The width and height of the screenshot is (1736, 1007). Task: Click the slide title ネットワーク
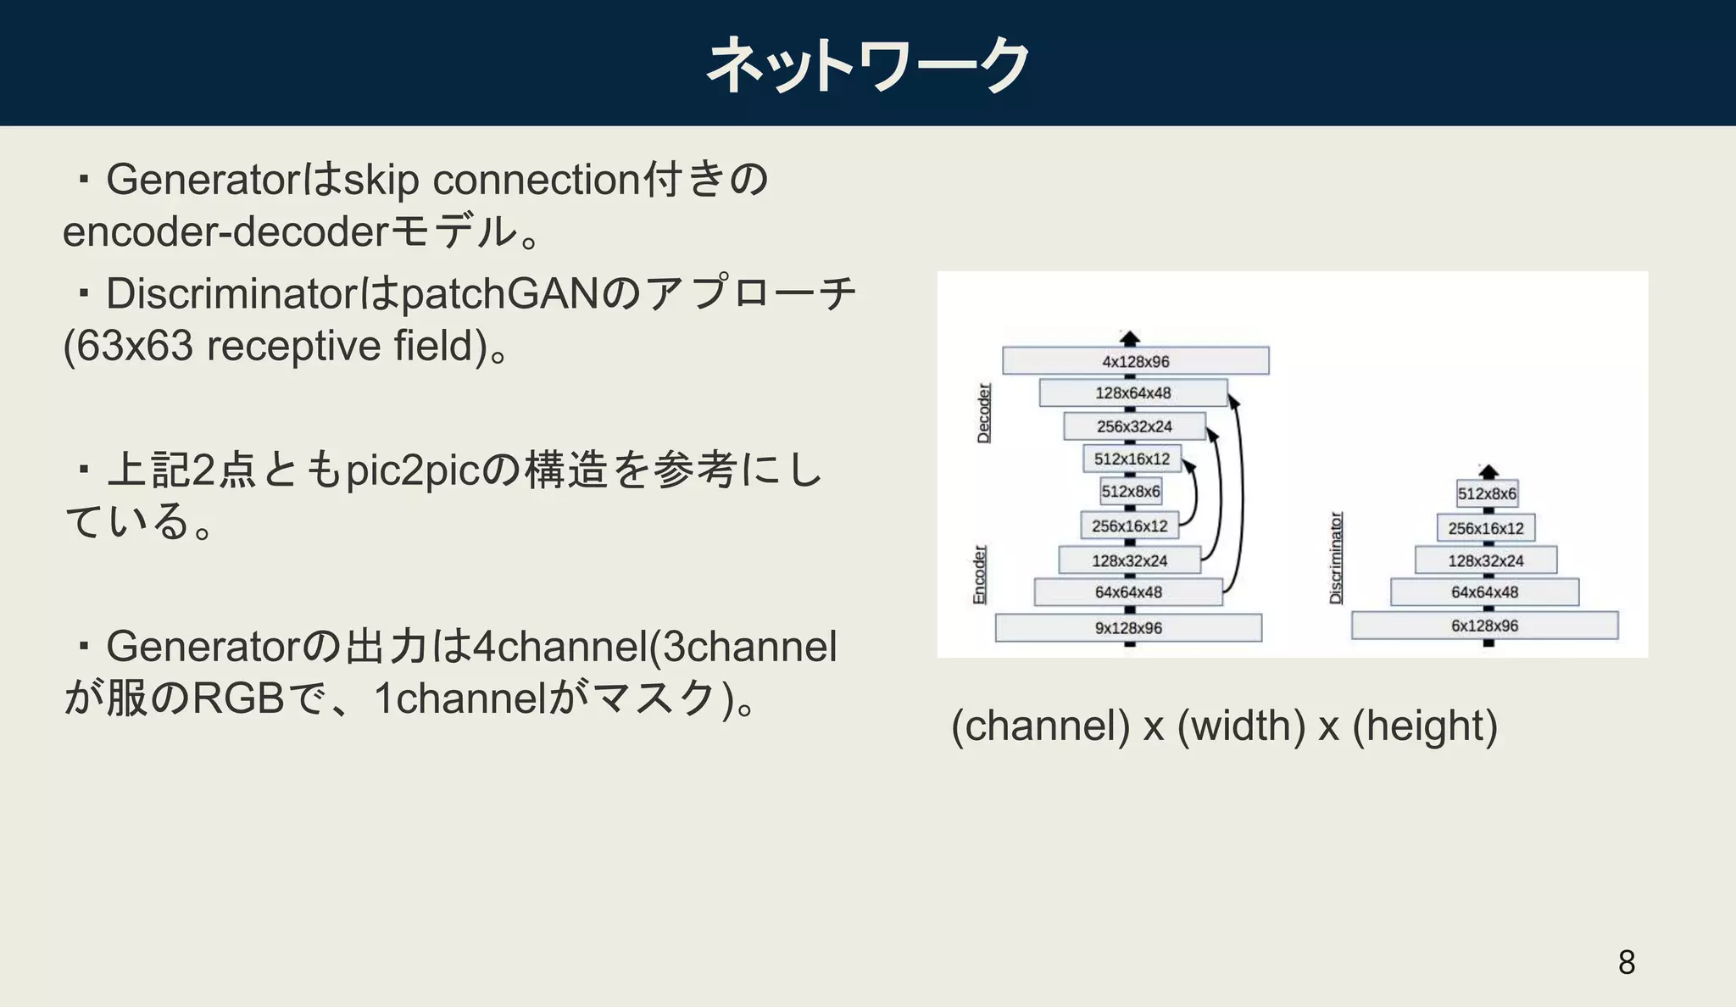click(867, 64)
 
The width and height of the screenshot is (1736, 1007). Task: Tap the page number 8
click(1626, 962)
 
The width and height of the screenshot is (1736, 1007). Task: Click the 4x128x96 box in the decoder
click(1135, 361)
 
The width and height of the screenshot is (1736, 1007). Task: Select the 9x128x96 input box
click(1128, 628)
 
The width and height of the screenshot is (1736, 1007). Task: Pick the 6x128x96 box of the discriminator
click(1484, 626)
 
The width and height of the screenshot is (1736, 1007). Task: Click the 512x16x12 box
click(1132, 459)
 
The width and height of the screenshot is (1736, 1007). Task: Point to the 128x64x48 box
click(1132, 392)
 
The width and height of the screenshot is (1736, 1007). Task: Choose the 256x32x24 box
click(1134, 426)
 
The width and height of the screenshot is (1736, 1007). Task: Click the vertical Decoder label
click(983, 413)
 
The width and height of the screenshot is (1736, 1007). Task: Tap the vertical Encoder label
click(979, 575)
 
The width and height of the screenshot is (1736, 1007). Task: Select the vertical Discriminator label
click(1336, 558)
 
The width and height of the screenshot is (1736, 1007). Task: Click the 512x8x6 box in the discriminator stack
click(1487, 493)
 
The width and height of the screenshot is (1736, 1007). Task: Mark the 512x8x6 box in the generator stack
click(1131, 492)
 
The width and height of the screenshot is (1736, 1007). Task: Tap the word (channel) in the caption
click(1040, 726)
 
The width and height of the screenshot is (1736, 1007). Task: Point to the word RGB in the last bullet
click(238, 698)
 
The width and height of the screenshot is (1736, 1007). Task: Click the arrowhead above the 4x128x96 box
click(1129, 337)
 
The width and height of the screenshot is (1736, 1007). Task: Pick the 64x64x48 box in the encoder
click(1127, 592)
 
